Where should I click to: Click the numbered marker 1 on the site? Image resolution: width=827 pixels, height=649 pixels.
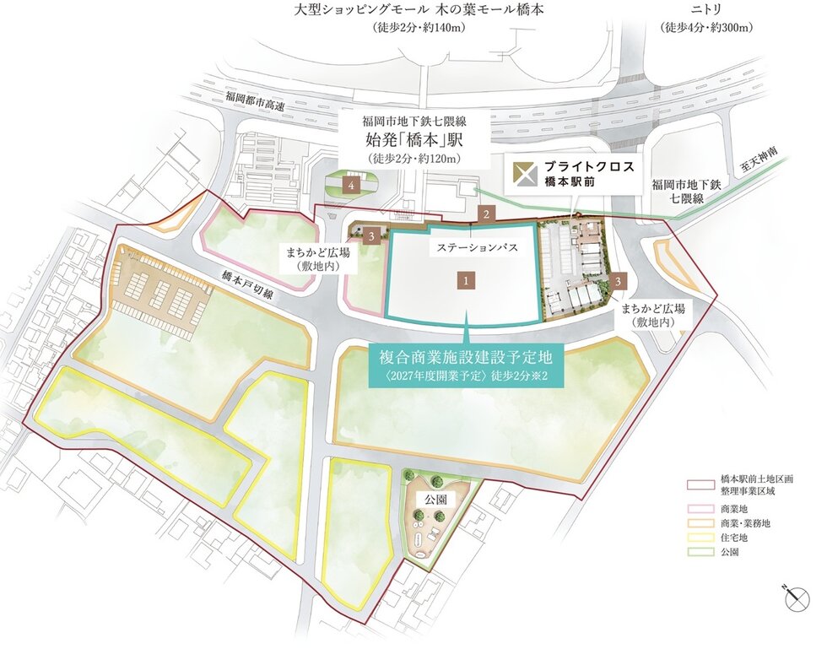click(464, 277)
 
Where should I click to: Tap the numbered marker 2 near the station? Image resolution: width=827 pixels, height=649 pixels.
click(485, 214)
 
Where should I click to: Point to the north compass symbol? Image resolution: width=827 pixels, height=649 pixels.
click(794, 599)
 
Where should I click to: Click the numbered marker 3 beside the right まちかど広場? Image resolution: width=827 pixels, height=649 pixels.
click(620, 279)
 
